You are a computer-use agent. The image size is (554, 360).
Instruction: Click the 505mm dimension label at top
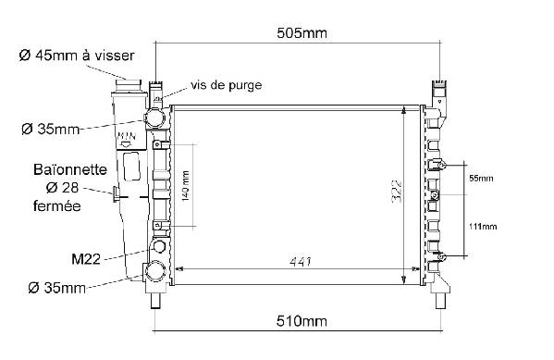(302, 33)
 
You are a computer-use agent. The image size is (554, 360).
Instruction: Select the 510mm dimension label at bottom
(302, 321)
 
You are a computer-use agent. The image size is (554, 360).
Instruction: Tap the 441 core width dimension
(301, 262)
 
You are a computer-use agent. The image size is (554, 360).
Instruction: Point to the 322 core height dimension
(397, 192)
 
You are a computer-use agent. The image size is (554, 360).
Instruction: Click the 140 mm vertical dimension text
(185, 186)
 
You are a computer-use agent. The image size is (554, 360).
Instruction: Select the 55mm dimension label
(481, 179)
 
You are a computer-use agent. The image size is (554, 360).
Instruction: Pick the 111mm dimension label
(483, 227)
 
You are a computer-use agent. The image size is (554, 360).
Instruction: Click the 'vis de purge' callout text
(226, 85)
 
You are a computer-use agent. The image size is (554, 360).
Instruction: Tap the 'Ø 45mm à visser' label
(77, 56)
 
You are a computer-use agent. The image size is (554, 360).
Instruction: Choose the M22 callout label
(86, 259)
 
